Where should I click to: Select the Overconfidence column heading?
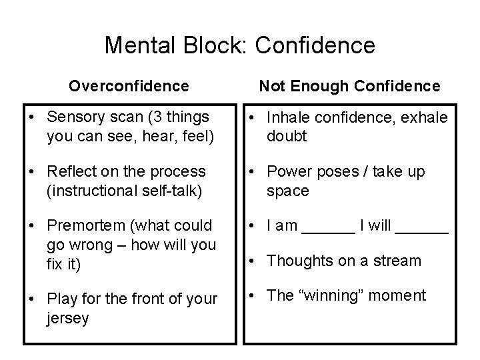coord(129,86)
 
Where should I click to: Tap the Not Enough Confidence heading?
coord(349,86)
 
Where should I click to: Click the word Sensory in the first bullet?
coord(75,117)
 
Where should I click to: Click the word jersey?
coord(68,319)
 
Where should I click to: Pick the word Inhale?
coord(285,117)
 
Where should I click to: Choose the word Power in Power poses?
coord(286,172)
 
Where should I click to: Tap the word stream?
coord(398,261)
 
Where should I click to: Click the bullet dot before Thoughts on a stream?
coord(254,261)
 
